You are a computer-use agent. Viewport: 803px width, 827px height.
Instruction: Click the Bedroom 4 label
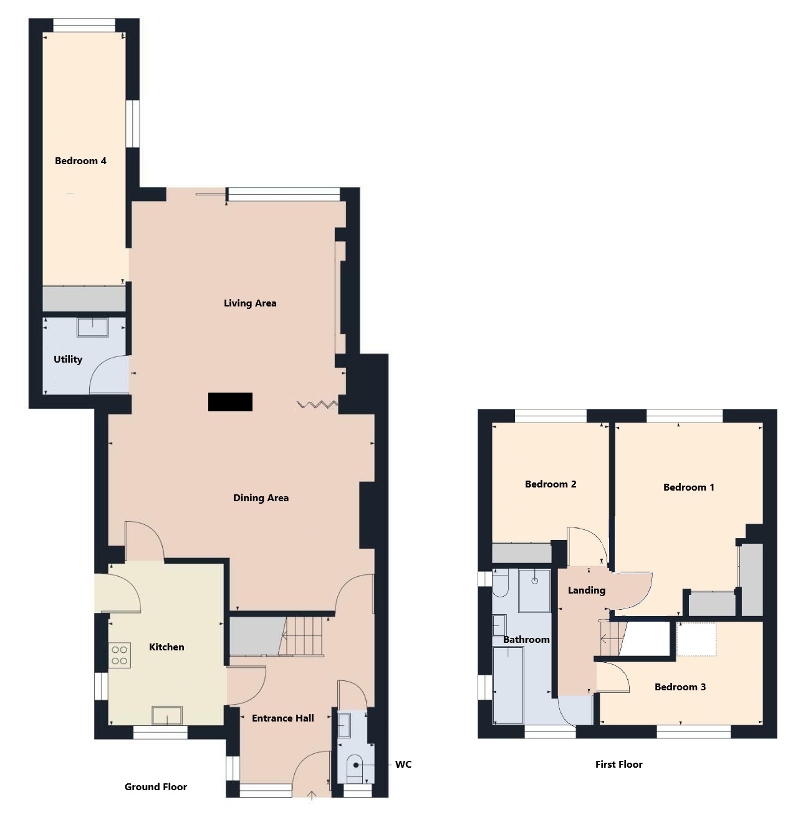(80, 160)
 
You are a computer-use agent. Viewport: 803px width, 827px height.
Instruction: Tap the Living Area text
(250, 303)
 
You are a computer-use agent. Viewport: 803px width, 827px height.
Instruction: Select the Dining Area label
(261, 497)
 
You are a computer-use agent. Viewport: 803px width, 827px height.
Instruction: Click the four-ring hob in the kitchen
(119, 655)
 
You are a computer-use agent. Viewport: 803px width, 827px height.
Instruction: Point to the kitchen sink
(167, 716)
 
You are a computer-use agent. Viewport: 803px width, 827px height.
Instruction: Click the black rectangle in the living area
(230, 401)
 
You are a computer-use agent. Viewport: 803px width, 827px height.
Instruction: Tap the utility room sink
(92, 327)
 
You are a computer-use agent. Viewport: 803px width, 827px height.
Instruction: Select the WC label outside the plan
(403, 765)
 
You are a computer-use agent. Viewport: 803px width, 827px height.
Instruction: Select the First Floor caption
(619, 764)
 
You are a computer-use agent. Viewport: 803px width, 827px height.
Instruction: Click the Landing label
(587, 590)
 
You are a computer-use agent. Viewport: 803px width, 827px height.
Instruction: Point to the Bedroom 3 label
(680, 687)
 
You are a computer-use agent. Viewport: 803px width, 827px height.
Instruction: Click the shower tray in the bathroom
(534, 590)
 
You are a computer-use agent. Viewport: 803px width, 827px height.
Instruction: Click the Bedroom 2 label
(551, 484)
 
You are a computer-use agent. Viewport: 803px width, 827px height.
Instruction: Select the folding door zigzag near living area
(317, 404)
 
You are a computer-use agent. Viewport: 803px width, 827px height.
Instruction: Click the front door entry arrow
(312, 795)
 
